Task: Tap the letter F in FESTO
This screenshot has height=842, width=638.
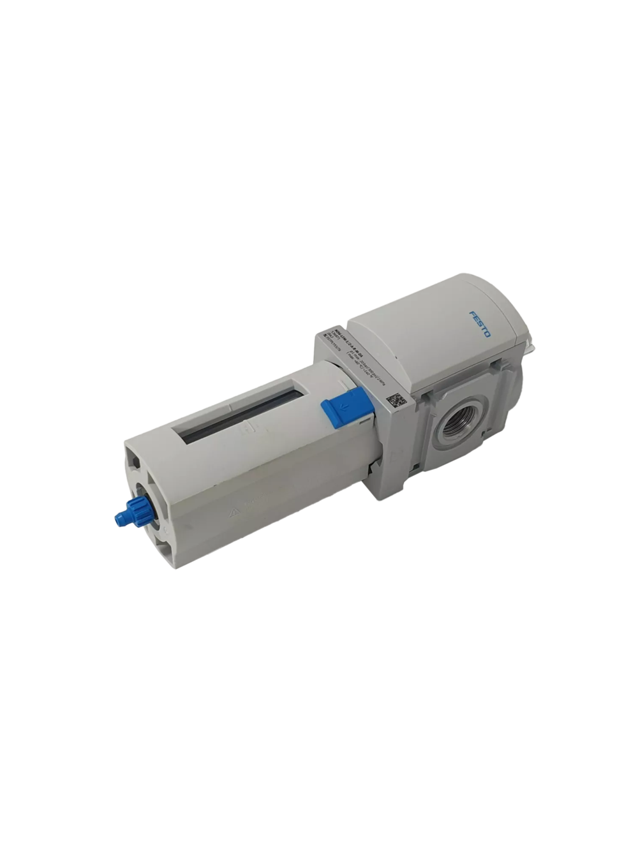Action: tap(471, 317)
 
